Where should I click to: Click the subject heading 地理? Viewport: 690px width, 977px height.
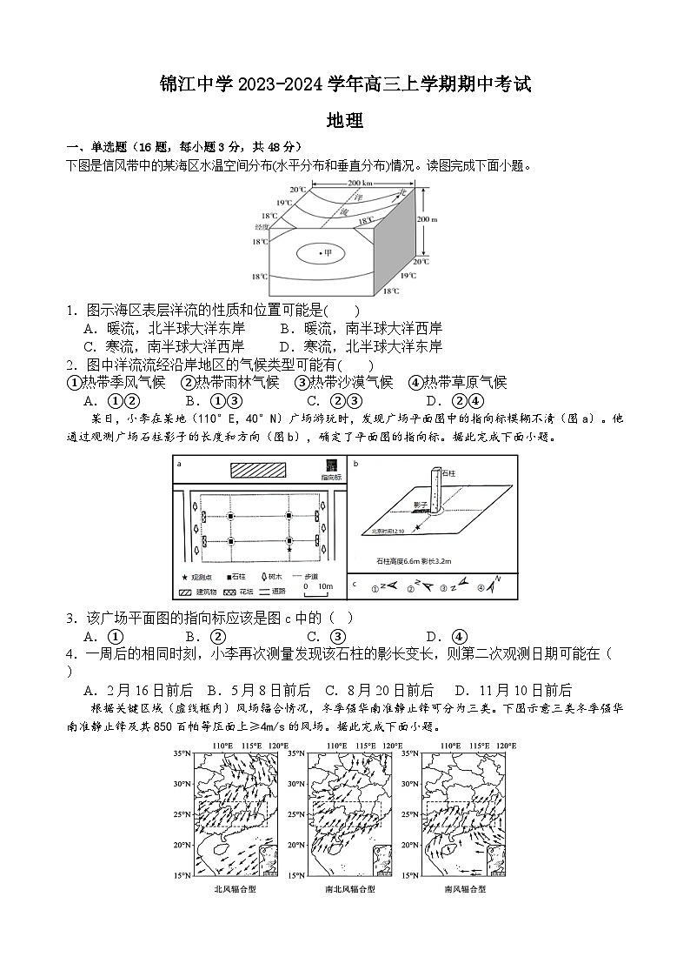point(344,121)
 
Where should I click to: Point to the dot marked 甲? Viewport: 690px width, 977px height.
point(324,254)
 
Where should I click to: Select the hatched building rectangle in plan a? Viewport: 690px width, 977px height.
point(258,469)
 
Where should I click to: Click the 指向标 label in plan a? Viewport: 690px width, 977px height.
point(331,478)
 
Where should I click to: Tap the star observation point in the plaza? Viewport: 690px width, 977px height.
point(289,550)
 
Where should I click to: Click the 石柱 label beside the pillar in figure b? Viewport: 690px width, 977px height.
point(448,473)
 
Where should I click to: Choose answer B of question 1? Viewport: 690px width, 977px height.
point(362,328)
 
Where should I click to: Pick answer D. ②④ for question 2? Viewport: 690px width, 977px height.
point(454,401)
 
